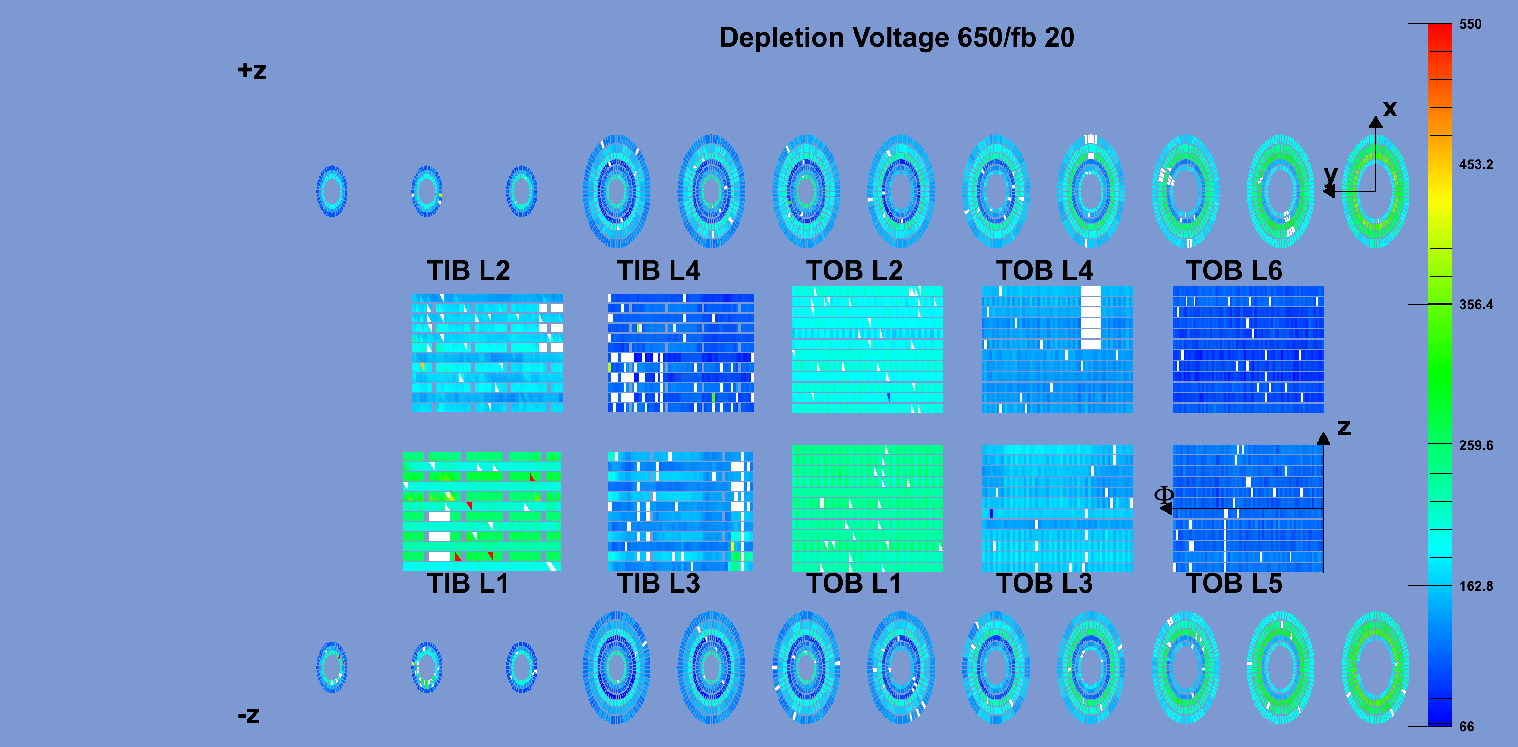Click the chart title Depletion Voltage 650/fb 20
[897, 38]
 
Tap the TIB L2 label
[468, 270]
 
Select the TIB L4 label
[658, 270]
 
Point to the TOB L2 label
[854, 270]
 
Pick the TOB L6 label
[1234, 270]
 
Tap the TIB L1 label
[468, 583]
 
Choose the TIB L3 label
[658, 583]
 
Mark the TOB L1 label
[854, 583]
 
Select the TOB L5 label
[1234, 583]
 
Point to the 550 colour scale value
[1471, 24]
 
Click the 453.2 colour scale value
[1476, 164]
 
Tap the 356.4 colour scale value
[1476, 305]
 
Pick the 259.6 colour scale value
[1476, 445]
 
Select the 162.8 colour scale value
[1476, 586]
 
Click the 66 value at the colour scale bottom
[1467, 727]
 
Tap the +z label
[252, 71]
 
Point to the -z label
[249, 716]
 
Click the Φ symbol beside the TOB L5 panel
[1164, 494]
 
